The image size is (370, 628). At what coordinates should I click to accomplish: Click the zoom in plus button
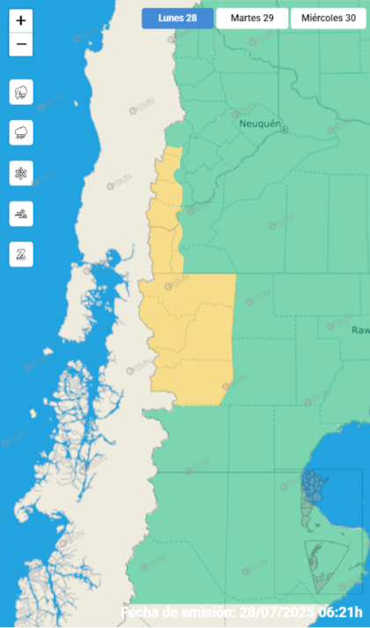coord(21,20)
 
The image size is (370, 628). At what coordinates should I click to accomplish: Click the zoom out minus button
coord(21,44)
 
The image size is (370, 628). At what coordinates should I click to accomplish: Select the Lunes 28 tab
coord(177,19)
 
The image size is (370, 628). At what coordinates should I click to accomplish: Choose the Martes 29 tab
coord(251,19)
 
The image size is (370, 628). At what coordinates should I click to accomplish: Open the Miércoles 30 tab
coord(329,19)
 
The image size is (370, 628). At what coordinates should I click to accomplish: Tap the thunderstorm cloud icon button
coord(21,92)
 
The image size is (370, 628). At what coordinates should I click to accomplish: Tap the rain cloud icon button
coord(21,132)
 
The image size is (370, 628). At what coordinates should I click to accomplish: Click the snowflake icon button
coord(21,173)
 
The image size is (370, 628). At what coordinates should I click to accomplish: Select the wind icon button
coord(21,213)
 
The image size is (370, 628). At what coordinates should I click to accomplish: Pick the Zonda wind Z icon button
coord(21,254)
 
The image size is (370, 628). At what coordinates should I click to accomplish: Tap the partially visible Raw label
coord(360,330)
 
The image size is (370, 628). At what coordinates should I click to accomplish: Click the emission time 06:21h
coord(343,612)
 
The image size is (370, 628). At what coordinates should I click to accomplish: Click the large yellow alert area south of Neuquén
coord(189,335)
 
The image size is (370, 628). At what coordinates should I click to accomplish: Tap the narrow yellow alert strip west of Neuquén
coord(166,212)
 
